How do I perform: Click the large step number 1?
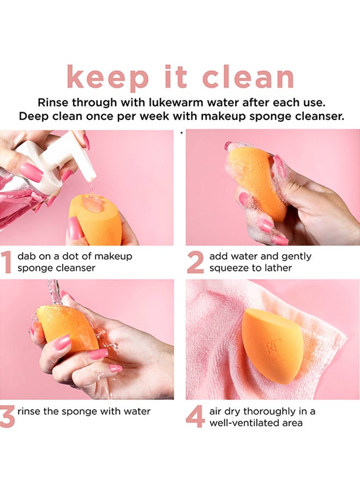tap(7, 262)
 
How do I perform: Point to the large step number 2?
tap(195, 262)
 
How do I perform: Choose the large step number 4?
tap(195, 417)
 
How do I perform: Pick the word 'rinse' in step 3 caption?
tap(29, 411)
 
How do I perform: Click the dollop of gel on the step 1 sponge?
tap(93, 203)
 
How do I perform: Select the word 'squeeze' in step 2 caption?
tap(229, 268)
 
